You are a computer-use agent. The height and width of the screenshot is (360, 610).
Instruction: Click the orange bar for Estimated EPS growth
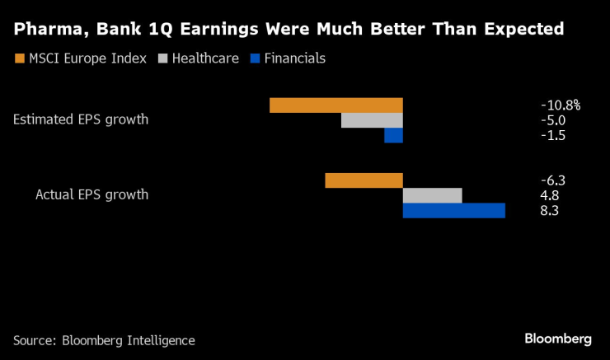tap(335, 105)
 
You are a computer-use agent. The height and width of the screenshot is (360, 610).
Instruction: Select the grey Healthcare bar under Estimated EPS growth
tap(372, 120)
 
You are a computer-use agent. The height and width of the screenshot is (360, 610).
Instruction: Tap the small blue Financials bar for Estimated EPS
tap(393, 136)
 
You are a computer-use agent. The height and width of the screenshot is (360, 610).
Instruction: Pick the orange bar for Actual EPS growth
tap(364, 180)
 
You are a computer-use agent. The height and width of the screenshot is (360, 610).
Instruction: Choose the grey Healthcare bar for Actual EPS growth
tap(432, 195)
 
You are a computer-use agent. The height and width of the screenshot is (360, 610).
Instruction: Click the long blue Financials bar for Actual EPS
tap(453, 211)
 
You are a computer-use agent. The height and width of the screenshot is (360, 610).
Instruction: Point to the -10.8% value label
tap(561, 105)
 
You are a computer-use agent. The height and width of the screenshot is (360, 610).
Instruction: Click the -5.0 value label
tap(553, 120)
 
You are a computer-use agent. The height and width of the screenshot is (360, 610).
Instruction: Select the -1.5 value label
tap(553, 136)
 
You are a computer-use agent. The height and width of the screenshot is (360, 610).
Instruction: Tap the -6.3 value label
tap(553, 180)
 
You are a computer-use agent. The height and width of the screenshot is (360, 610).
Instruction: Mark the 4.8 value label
tap(550, 195)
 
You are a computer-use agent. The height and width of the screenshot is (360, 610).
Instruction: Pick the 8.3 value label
tap(550, 211)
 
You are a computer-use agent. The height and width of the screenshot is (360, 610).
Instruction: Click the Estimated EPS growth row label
tap(81, 119)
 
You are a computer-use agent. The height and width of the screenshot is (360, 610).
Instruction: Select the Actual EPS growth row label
tap(91, 195)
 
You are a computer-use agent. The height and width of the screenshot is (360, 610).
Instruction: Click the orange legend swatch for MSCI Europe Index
tap(19, 58)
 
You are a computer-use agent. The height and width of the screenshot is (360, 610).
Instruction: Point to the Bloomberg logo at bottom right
tap(558, 339)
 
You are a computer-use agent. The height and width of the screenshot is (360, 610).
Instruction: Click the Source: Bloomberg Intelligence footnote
tap(104, 340)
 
